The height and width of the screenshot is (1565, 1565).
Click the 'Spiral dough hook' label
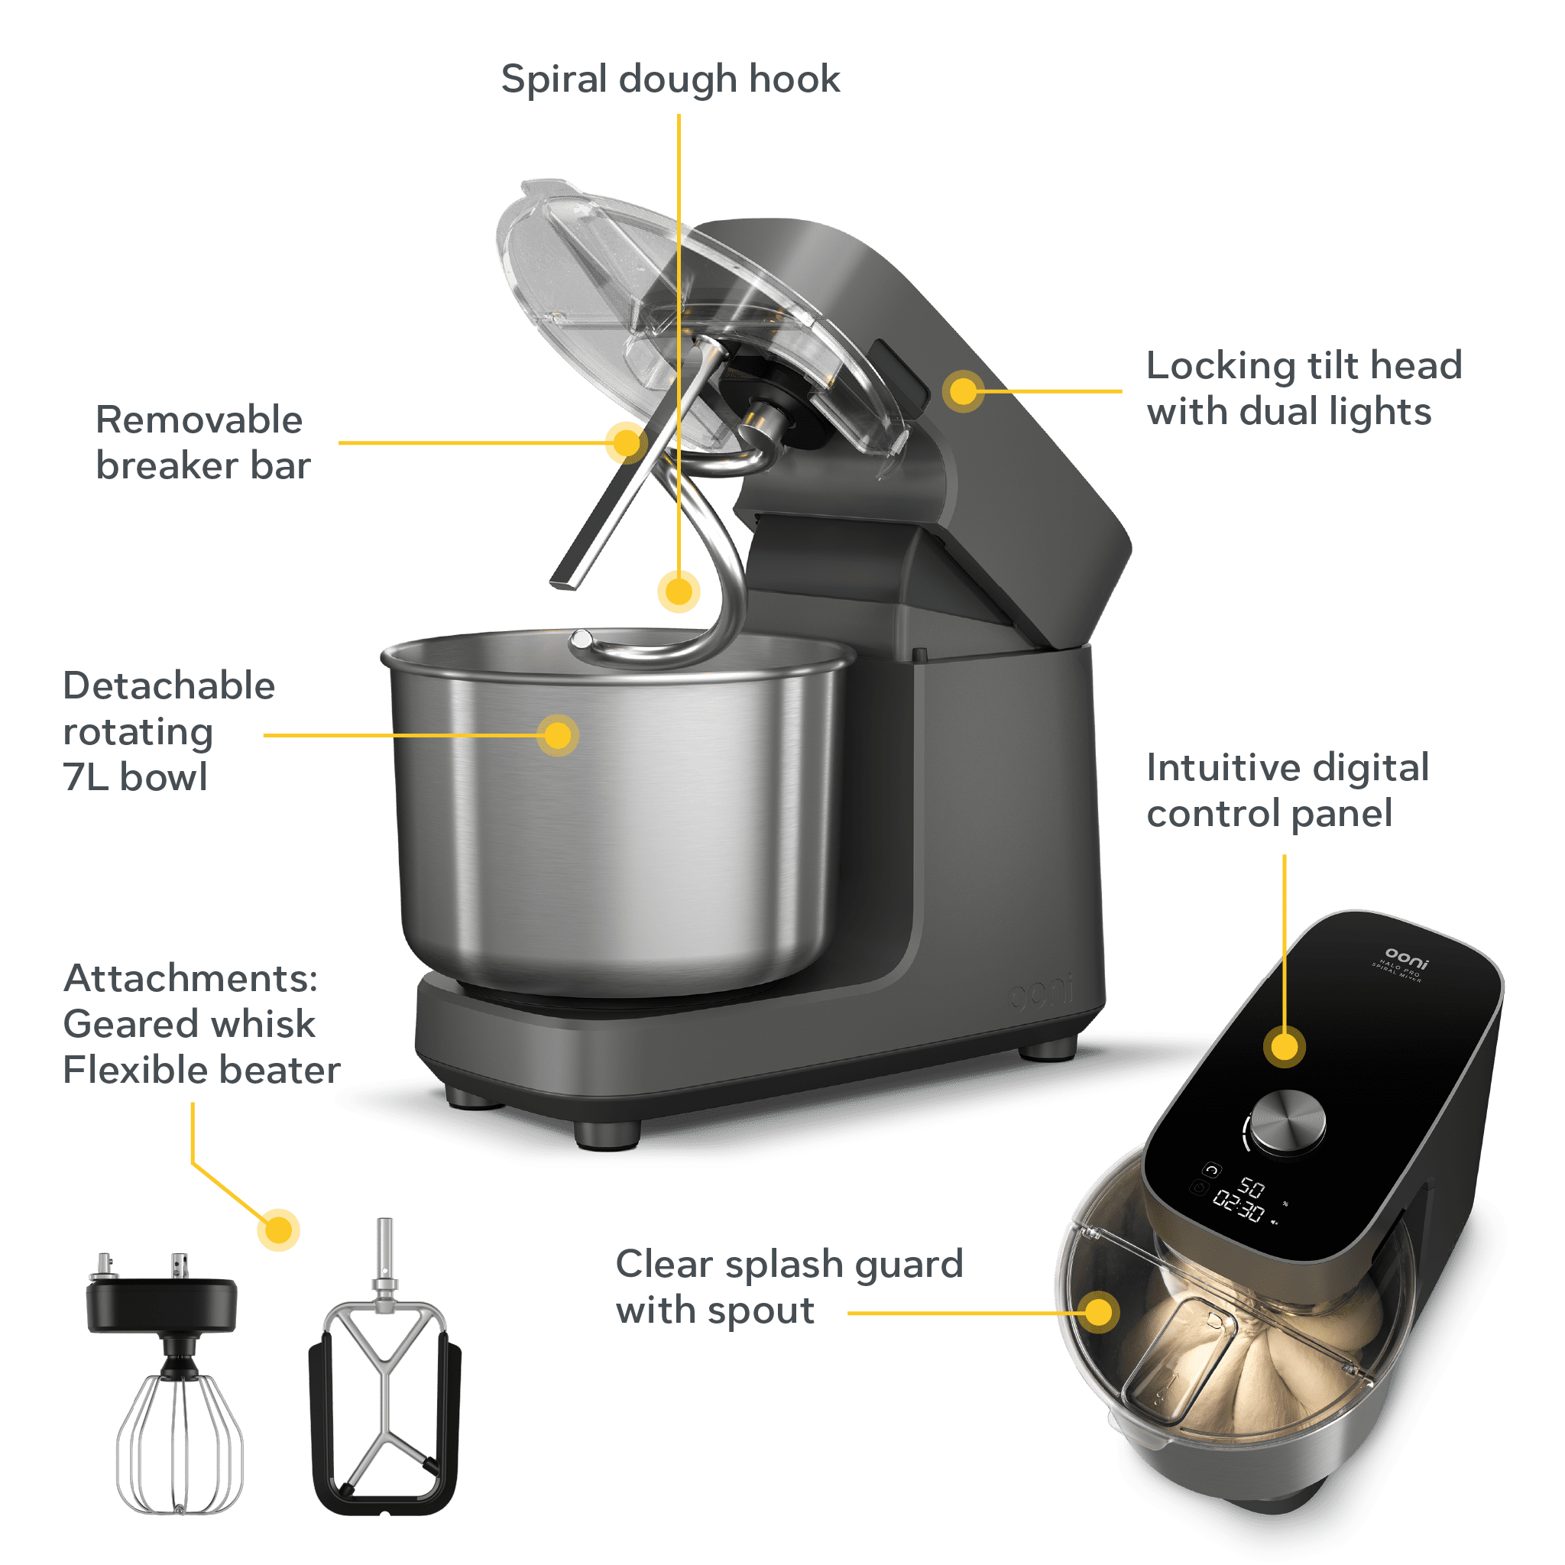coord(670,79)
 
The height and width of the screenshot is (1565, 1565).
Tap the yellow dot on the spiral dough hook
coord(678,591)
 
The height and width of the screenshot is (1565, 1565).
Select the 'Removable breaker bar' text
coord(203,442)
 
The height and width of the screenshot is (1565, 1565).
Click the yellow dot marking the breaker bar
coord(626,442)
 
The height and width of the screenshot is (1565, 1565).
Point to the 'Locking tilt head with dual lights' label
coord(1304,389)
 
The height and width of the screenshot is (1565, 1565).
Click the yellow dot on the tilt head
coord(963,391)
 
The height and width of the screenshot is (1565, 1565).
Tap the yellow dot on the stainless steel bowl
coord(557,734)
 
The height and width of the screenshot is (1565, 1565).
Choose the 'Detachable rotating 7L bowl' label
coord(168,731)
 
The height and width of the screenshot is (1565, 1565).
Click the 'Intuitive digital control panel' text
coord(1287,791)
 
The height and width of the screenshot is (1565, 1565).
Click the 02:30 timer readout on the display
coord(1239,1210)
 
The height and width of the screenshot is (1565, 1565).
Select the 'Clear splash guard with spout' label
coord(788,1286)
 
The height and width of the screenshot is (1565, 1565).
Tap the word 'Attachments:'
coord(190,979)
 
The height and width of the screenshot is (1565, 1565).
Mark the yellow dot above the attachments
coord(279,1230)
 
